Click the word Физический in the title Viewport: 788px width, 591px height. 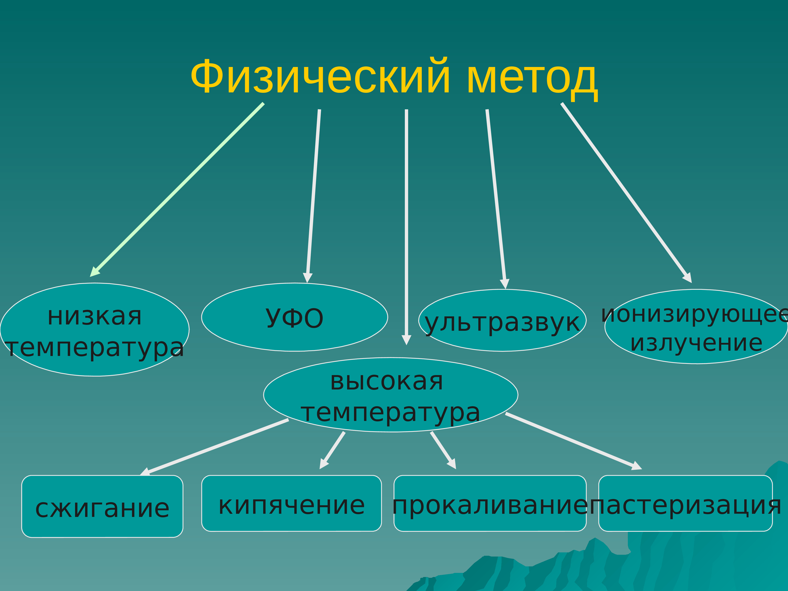(321, 77)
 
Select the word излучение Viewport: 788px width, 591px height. (696, 343)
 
